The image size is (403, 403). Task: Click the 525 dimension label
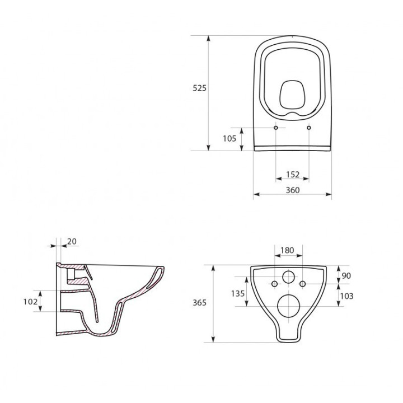[x=199, y=88]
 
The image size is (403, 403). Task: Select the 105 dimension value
[x=229, y=139]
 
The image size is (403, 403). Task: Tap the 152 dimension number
[x=293, y=175]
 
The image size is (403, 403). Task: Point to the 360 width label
[x=293, y=190]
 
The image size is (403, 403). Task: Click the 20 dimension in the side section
[x=72, y=241]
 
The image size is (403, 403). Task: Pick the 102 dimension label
[x=30, y=302]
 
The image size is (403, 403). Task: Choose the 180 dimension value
[x=287, y=250]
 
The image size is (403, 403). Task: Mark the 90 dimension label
[x=346, y=275]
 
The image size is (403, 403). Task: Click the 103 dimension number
[x=346, y=296]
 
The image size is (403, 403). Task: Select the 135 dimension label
[x=238, y=293]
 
